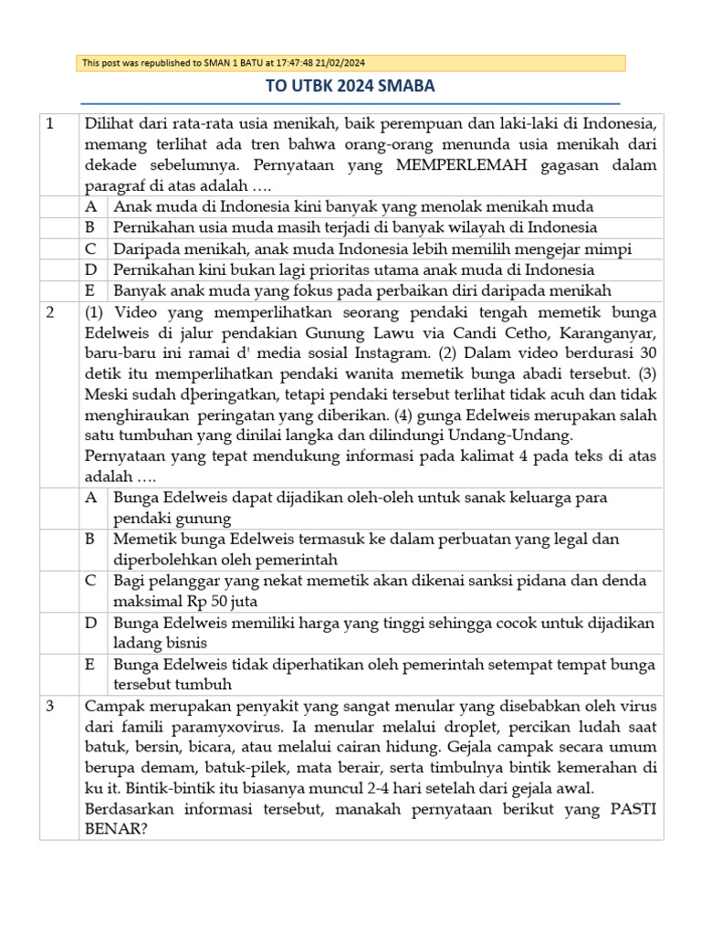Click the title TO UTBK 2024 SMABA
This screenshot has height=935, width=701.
tap(350, 87)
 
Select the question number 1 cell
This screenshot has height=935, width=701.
tap(51, 123)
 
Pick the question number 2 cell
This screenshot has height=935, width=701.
tap(51, 312)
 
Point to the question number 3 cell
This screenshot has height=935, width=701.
tap(51, 707)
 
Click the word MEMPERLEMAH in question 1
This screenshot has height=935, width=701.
tap(450, 165)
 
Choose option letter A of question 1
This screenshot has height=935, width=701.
tap(91, 206)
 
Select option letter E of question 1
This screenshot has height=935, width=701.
tap(91, 290)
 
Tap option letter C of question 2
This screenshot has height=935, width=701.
tap(91, 581)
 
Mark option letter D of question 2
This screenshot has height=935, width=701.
tap(91, 623)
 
